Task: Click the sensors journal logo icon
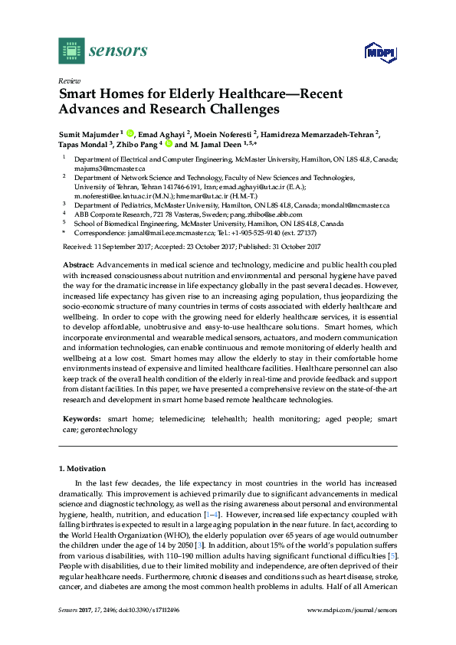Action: pos(71,51)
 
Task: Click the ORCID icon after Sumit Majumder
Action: pos(130,133)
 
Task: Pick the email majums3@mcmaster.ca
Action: pos(105,168)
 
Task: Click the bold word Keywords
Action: pos(80,419)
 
